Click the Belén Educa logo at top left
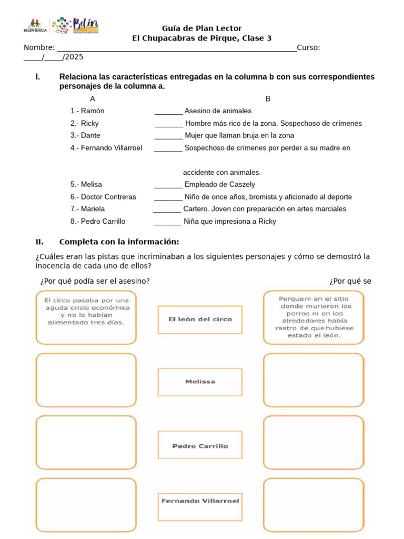click(x=35, y=25)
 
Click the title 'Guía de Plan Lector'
click(x=201, y=28)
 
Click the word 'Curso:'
click(x=308, y=48)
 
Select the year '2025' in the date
click(x=73, y=57)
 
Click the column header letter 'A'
click(x=93, y=99)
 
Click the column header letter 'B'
click(x=268, y=99)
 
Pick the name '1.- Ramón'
click(x=87, y=111)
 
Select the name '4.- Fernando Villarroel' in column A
click(x=106, y=148)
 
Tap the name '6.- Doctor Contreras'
click(x=103, y=197)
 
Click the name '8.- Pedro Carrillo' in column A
click(x=98, y=222)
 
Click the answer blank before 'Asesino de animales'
click(x=168, y=112)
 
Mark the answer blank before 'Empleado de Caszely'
click(x=168, y=185)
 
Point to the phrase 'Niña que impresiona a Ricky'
click(x=230, y=222)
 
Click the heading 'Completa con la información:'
click(x=119, y=242)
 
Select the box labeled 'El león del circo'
click(x=200, y=319)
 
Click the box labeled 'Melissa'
click(x=200, y=382)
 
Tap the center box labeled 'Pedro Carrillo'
click(x=200, y=446)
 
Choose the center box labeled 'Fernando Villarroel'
click(x=200, y=501)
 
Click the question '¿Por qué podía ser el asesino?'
click(x=95, y=281)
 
